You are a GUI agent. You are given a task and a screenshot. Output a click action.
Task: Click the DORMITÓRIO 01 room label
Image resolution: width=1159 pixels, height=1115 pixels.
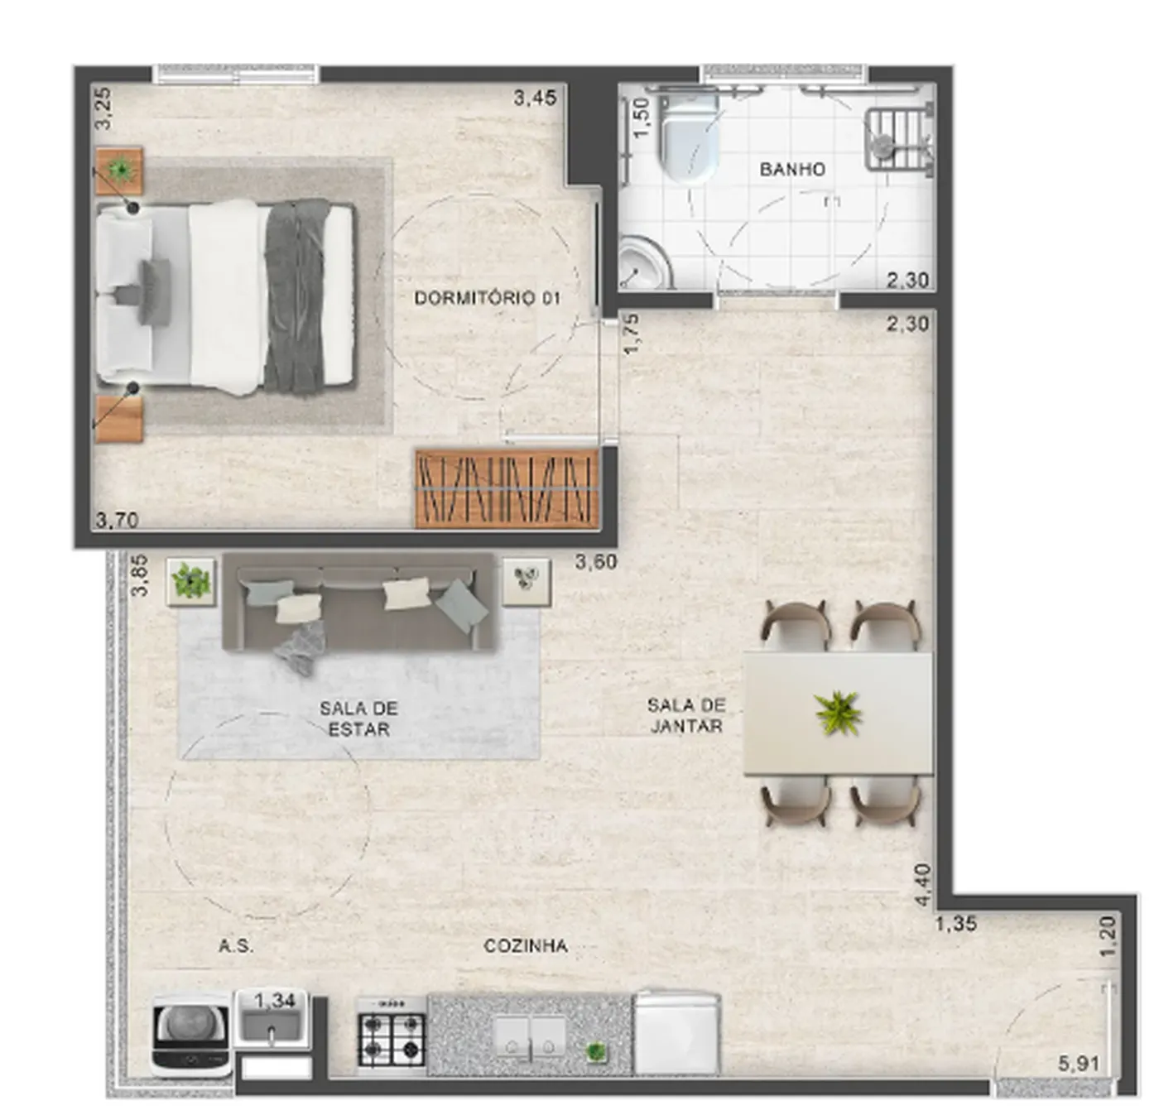487,298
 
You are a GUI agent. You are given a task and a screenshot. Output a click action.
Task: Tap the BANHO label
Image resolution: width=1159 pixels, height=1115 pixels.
793,169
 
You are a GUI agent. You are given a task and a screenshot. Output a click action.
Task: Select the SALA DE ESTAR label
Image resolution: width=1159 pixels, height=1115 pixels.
358,719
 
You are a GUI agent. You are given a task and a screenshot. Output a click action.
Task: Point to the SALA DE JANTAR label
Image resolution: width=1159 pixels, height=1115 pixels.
686,715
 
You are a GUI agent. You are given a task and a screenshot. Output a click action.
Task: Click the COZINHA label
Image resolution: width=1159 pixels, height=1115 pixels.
526,946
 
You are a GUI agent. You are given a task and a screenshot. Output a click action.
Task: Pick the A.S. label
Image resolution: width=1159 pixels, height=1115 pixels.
237,946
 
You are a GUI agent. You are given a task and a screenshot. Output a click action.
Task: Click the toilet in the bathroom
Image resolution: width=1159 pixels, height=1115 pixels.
688,137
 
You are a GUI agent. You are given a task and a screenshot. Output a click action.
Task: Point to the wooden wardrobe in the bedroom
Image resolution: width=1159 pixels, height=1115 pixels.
507,489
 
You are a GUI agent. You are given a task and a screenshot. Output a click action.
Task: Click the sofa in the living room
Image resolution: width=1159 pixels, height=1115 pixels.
358,602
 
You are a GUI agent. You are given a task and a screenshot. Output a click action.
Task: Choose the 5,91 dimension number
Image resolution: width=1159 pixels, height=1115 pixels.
1079,1064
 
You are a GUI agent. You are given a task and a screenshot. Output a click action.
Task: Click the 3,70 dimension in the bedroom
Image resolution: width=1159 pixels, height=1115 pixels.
118,520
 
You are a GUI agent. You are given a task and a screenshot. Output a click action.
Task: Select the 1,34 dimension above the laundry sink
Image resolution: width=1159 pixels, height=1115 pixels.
275,1002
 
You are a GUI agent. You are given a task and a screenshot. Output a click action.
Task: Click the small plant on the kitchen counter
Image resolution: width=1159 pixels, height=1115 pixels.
595,1052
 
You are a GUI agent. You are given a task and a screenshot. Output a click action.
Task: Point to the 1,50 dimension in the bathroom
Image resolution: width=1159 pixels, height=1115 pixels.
642,118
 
